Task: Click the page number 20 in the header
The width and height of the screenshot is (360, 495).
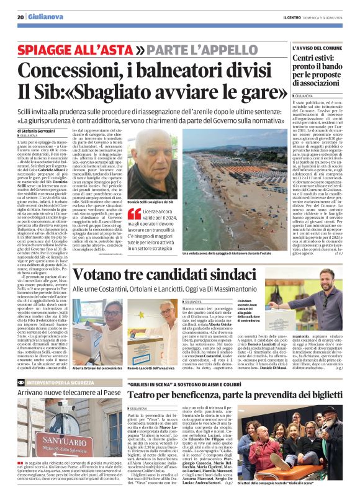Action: click(x=20, y=17)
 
